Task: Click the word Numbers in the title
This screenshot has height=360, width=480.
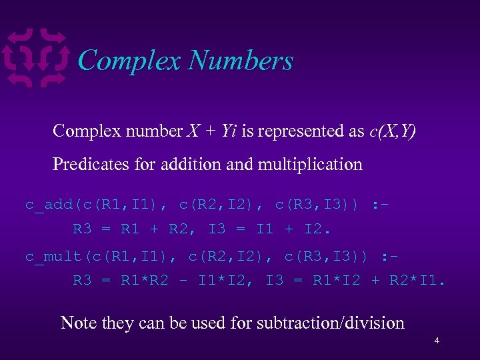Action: point(241,61)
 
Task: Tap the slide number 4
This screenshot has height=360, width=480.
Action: point(437,341)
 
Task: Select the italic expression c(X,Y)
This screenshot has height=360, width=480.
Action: point(392,131)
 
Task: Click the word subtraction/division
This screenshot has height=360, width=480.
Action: point(323,323)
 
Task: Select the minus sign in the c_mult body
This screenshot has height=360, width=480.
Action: point(182,281)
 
